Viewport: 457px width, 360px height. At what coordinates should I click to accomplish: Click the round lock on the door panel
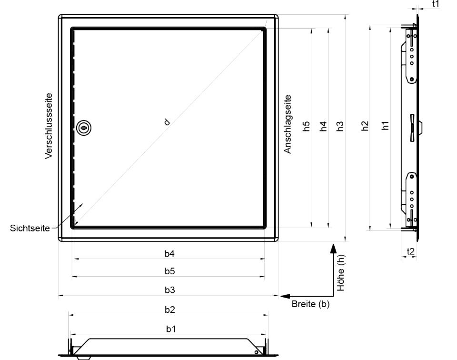[x=84, y=128]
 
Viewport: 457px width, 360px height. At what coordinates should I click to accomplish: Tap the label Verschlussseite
[x=49, y=126]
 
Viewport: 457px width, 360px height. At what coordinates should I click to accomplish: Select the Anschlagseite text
[x=288, y=124]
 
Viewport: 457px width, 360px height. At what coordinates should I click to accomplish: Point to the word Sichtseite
[x=30, y=228]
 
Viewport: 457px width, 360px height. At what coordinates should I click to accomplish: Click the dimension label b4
[x=169, y=254]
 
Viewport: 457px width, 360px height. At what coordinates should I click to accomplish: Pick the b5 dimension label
[x=169, y=271]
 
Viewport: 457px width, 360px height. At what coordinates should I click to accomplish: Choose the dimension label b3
[x=169, y=290]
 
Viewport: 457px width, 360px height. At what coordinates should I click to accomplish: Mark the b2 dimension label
[x=169, y=309]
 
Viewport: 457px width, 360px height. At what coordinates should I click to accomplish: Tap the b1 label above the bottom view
[x=171, y=329]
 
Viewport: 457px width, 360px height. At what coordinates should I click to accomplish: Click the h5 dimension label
[x=306, y=127]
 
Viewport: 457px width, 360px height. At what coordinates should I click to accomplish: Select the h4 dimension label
[x=324, y=127]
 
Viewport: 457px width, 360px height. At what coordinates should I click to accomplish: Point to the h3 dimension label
[x=340, y=127]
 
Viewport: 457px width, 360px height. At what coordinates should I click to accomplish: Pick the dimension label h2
[x=365, y=126]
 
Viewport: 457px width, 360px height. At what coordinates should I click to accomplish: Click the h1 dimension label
[x=385, y=126]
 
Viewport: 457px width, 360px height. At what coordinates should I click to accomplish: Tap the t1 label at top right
[x=436, y=4]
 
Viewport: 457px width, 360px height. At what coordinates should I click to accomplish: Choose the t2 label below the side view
[x=410, y=251]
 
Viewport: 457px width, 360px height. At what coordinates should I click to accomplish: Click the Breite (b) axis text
[x=310, y=304]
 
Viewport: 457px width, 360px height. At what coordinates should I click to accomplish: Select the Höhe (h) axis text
[x=341, y=272]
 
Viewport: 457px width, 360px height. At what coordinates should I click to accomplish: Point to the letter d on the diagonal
[x=167, y=122]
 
